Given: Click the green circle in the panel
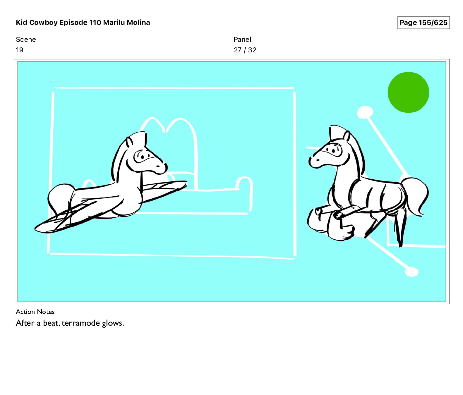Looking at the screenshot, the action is (408, 92).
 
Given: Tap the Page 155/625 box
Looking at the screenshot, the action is (423, 23).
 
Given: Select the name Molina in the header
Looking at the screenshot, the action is (138, 23).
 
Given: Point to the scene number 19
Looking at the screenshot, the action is (20, 50).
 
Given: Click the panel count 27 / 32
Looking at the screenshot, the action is (245, 50).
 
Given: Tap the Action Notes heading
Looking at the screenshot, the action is (35, 312).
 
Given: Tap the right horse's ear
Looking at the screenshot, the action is (347, 137).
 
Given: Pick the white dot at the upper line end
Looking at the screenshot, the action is (365, 112).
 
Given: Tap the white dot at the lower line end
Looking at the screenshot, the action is (411, 272).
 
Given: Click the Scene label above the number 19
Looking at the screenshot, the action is (26, 39).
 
